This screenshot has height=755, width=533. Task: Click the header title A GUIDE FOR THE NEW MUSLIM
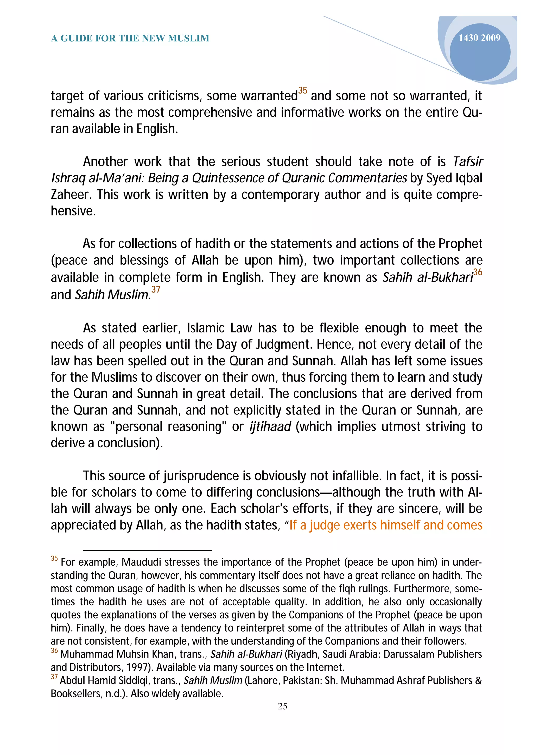point(130,39)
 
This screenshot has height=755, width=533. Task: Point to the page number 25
point(282,706)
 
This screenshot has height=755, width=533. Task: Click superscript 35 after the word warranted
point(302,90)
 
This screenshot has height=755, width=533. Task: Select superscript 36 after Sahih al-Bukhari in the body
point(478,272)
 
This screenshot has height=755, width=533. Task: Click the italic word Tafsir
point(468,162)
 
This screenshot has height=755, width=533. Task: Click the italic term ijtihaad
point(270,426)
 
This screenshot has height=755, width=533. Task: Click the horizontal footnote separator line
point(148,550)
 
